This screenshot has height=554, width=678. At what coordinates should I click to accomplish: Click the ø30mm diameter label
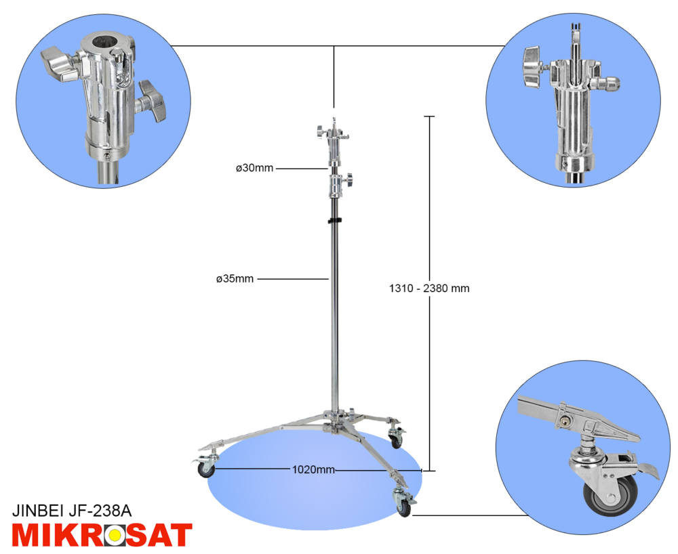(x=254, y=168)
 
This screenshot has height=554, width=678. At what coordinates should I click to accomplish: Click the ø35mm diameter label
(x=235, y=279)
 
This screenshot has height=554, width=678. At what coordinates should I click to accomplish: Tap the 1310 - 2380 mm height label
(x=429, y=289)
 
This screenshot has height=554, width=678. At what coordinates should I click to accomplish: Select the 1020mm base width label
(x=313, y=469)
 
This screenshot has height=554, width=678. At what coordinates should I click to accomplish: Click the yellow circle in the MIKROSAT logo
(x=115, y=536)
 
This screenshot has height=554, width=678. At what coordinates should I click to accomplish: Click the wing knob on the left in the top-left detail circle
(x=60, y=64)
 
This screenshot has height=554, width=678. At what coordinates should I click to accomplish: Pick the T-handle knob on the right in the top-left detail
(x=152, y=101)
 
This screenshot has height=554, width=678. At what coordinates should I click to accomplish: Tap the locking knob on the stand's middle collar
(x=349, y=179)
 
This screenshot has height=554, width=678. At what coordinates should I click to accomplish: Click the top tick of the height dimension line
(x=429, y=116)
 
